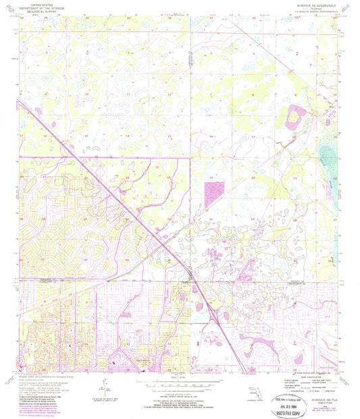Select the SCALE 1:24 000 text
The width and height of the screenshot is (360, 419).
click(180, 376)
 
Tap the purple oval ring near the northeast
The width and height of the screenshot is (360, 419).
click(295, 119)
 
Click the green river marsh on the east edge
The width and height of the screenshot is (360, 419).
click(330, 162)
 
